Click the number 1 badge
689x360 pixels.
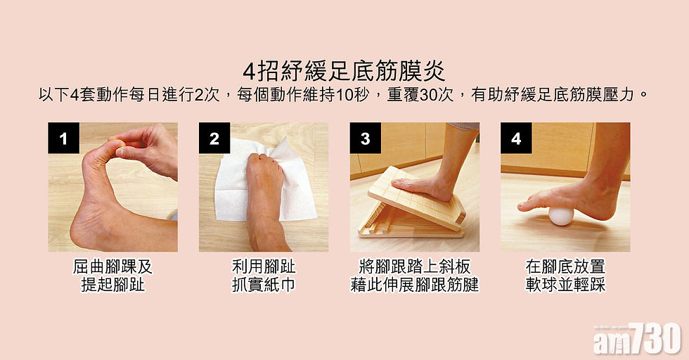tap(64, 138)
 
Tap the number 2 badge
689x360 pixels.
tap(214, 138)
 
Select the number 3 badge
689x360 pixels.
tap(365, 138)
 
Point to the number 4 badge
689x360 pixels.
tap(516, 138)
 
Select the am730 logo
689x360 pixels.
tap(637, 338)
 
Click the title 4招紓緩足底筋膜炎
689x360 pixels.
tap(344, 72)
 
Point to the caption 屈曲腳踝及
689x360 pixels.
tap(113, 266)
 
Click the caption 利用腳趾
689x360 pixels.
tap(264, 266)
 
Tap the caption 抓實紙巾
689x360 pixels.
tap(264, 285)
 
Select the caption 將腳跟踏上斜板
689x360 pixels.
tap(414, 266)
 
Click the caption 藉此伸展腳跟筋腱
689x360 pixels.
tap(414, 285)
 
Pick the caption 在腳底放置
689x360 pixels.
tap(565, 266)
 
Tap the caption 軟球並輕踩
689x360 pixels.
tap(565, 285)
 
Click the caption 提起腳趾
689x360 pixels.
tap(113, 285)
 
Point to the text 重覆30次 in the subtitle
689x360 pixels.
tap(420, 95)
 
